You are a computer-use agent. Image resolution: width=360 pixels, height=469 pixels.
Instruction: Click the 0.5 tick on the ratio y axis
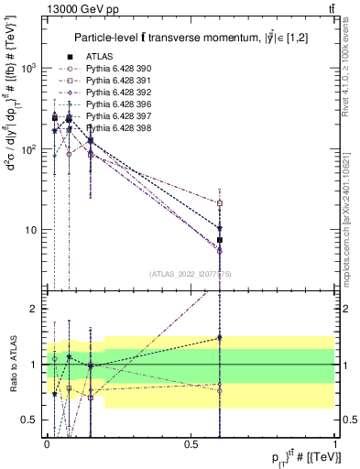click(32, 420)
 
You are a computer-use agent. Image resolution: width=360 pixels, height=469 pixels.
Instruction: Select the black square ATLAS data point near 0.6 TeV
click(220, 239)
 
